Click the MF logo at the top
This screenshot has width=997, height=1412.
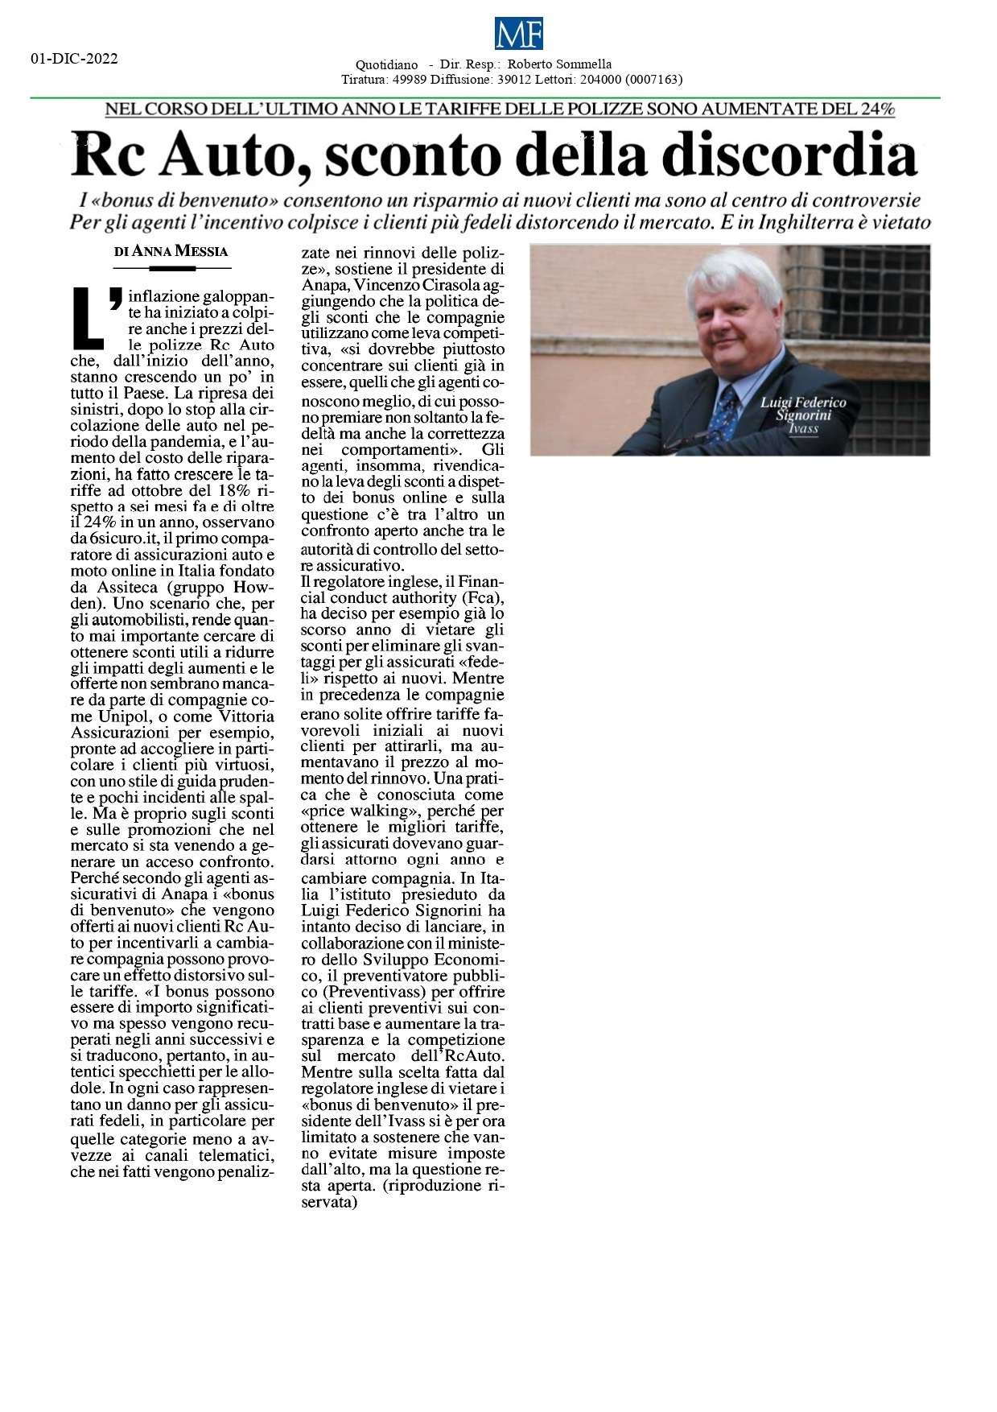(x=519, y=35)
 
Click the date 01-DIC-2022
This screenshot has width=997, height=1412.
(x=74, y=59)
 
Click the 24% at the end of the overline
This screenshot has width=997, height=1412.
(x=878, y=109)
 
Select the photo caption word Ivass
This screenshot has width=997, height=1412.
(x=803, y=428)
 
